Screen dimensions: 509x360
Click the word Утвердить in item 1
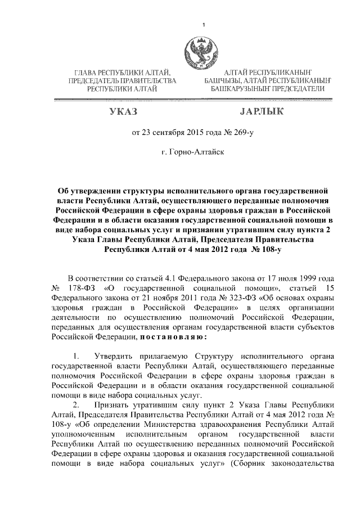(x=118, y=357)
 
